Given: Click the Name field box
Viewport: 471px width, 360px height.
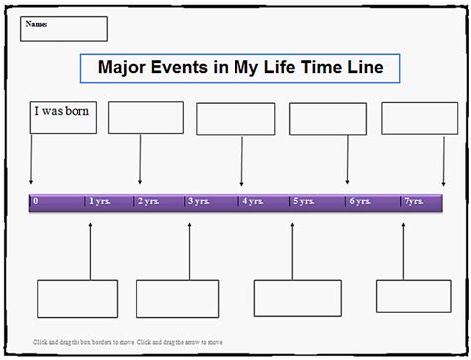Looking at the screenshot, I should (x=64, y=28).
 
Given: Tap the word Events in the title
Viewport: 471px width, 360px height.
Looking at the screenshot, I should (x=187, y=68).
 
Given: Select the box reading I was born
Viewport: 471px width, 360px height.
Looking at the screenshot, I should (x=63, y=116).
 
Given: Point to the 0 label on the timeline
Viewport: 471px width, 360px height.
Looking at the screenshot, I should (x=36, y=202).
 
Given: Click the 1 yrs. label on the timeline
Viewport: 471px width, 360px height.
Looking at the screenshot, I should (x=99, y=202).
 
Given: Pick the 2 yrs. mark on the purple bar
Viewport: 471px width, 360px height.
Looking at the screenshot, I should (x=149, y=202).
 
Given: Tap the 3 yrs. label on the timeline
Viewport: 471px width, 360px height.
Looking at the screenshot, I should (x=199, y=202).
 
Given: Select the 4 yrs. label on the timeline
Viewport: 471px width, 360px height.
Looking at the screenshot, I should (x=252, y=202).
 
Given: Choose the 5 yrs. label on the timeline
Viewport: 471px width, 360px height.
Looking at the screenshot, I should (x=303, y=202).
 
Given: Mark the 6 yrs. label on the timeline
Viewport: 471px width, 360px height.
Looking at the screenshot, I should (x=358, y=202).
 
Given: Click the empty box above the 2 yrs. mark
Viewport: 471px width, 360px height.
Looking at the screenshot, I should (x=146, y=117).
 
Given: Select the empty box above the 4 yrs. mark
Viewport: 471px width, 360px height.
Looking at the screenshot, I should (x=235, y=119).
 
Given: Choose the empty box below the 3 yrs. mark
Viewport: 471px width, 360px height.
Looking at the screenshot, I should (x=177, y=298).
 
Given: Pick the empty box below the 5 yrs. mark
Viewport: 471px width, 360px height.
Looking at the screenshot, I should (x=293, y=297).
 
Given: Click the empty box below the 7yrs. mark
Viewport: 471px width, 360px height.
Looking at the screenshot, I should (x=406, y=296).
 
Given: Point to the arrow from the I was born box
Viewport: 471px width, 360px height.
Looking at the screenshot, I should (x=31, y=159).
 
